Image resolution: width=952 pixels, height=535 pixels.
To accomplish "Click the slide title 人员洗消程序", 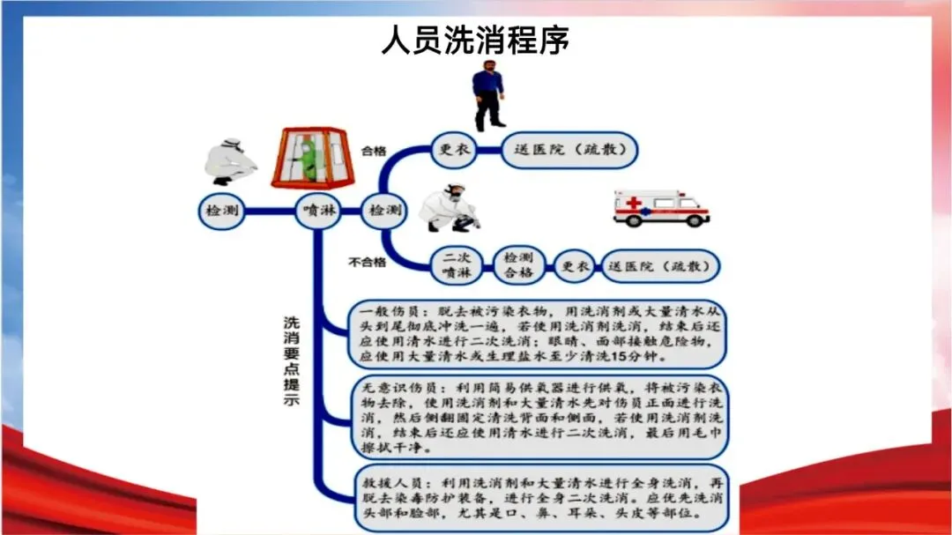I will (476, 40).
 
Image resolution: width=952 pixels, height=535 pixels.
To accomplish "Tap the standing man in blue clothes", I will (487, 95).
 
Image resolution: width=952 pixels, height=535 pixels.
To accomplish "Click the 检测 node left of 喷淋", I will (220, 212).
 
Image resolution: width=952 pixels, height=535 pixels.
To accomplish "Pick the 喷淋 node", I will (318, 212).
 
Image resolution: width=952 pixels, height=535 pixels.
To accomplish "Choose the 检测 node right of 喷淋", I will (384, 212).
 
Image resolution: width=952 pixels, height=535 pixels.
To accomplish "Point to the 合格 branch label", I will (374, 151).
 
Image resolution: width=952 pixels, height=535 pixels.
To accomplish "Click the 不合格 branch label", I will (368, 262).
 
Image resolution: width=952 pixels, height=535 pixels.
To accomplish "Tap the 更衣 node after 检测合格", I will (576, 264).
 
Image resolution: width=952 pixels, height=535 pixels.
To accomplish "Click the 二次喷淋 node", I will (457, 264).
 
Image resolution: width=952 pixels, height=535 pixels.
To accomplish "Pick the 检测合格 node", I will (518, 264).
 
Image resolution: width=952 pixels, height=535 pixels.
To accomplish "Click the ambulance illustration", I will (661, 208).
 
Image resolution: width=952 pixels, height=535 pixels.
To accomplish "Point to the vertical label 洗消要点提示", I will (291, 360).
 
